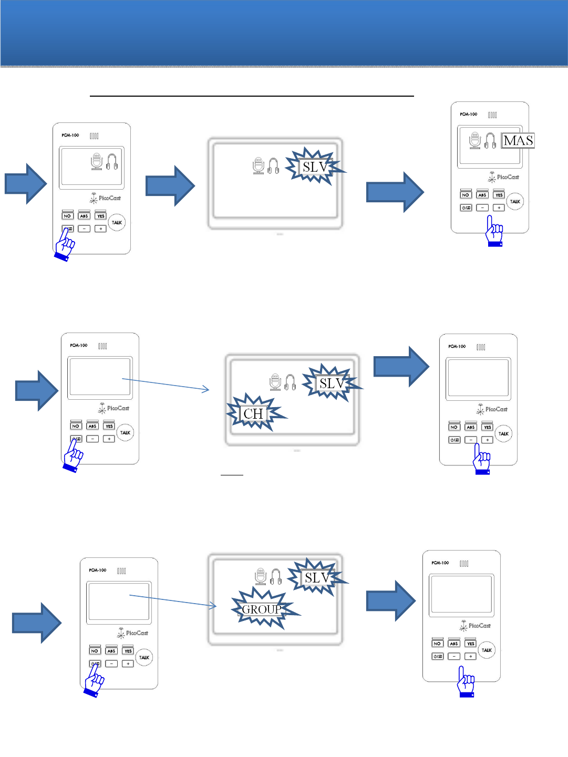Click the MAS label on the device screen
518,141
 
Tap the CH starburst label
253,414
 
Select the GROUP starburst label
262,609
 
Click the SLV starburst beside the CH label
332,383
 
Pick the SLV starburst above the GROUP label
317,578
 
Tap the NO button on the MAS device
466,195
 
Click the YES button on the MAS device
499,195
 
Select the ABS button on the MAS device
482,195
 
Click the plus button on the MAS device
499,208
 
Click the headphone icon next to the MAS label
490,141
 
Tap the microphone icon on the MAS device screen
475,141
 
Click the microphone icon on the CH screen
275,382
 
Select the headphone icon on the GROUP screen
276,577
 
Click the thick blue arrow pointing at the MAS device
395,192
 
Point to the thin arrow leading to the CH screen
166,384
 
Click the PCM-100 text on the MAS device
468,114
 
